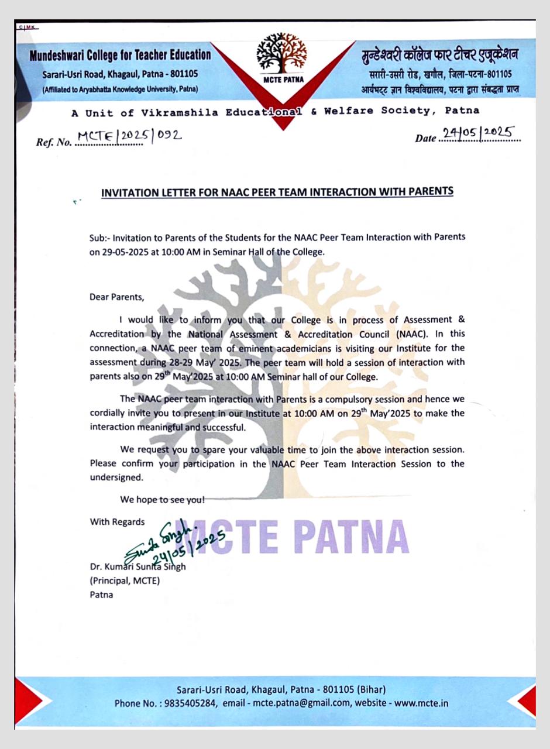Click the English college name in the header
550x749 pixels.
pyautogui.click(x=120, y=55)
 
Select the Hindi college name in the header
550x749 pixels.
pyautogui.click(x=440, y=56)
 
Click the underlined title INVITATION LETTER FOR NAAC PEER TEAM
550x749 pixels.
pyautogui.click(x=277, y=192)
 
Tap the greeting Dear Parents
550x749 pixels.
pyautogui.click(x=116, y=297)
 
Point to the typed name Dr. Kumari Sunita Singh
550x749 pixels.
pyautogui.click(x=137, y=566)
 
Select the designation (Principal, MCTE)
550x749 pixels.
pyautogui.click(x=124, y=580)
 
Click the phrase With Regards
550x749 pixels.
pyautogui.click(x=117, y=521)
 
